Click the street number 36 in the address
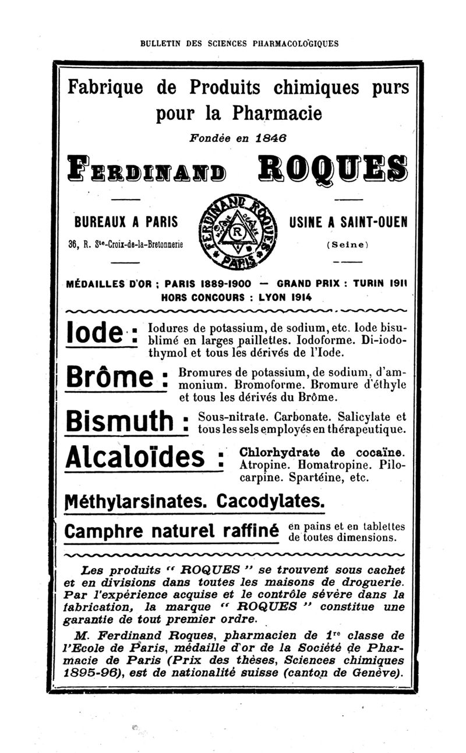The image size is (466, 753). [74, 245]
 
